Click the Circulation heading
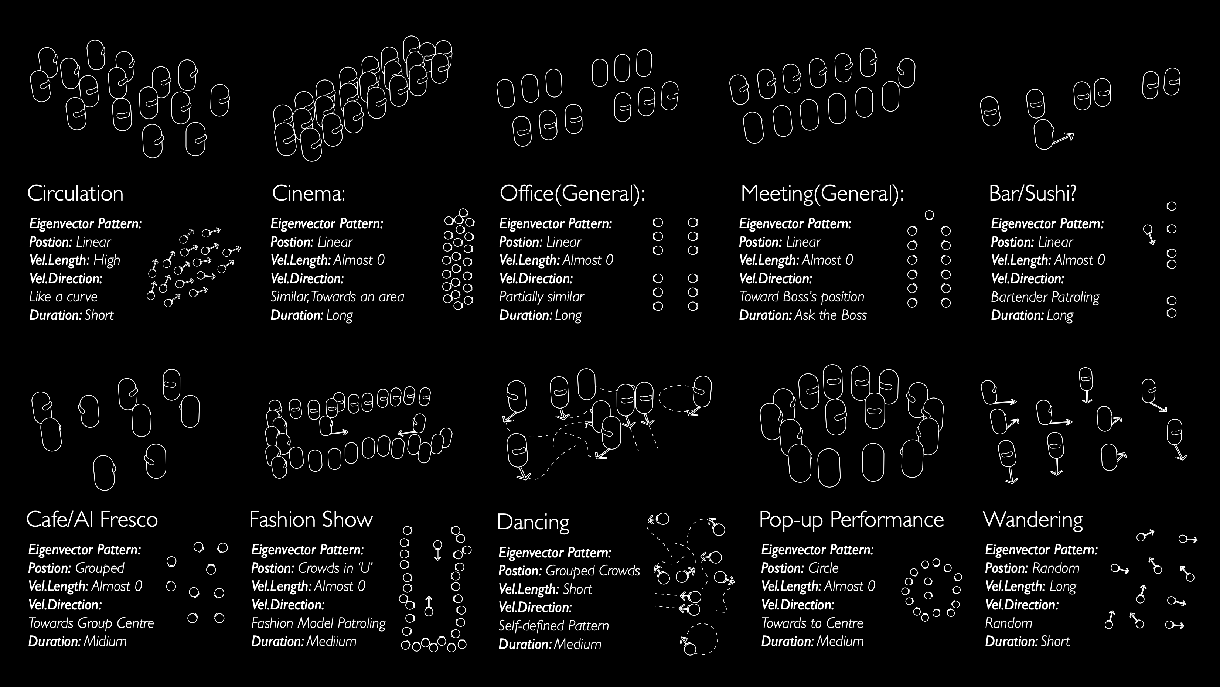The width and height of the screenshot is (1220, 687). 75,193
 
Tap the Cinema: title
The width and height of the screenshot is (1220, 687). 308,193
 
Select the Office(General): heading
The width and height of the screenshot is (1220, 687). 572,193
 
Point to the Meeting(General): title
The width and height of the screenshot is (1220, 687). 822,193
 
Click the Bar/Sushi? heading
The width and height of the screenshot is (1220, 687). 1032,193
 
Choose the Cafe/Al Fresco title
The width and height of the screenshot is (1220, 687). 92,519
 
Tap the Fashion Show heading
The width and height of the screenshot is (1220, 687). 311,519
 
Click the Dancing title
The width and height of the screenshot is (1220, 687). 533,522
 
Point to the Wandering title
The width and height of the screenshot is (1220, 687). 1033,519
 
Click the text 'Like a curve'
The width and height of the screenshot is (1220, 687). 64,297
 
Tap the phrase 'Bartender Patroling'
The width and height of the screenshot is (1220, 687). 1045,297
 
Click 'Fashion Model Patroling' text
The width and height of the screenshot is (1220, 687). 318,623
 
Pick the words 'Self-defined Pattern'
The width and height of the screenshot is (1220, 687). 553,626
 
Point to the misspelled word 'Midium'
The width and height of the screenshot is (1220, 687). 105,642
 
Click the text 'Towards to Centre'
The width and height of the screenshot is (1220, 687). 812,623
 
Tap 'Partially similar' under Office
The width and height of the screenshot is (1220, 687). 541,297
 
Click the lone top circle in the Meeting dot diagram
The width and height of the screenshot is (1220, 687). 929,215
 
